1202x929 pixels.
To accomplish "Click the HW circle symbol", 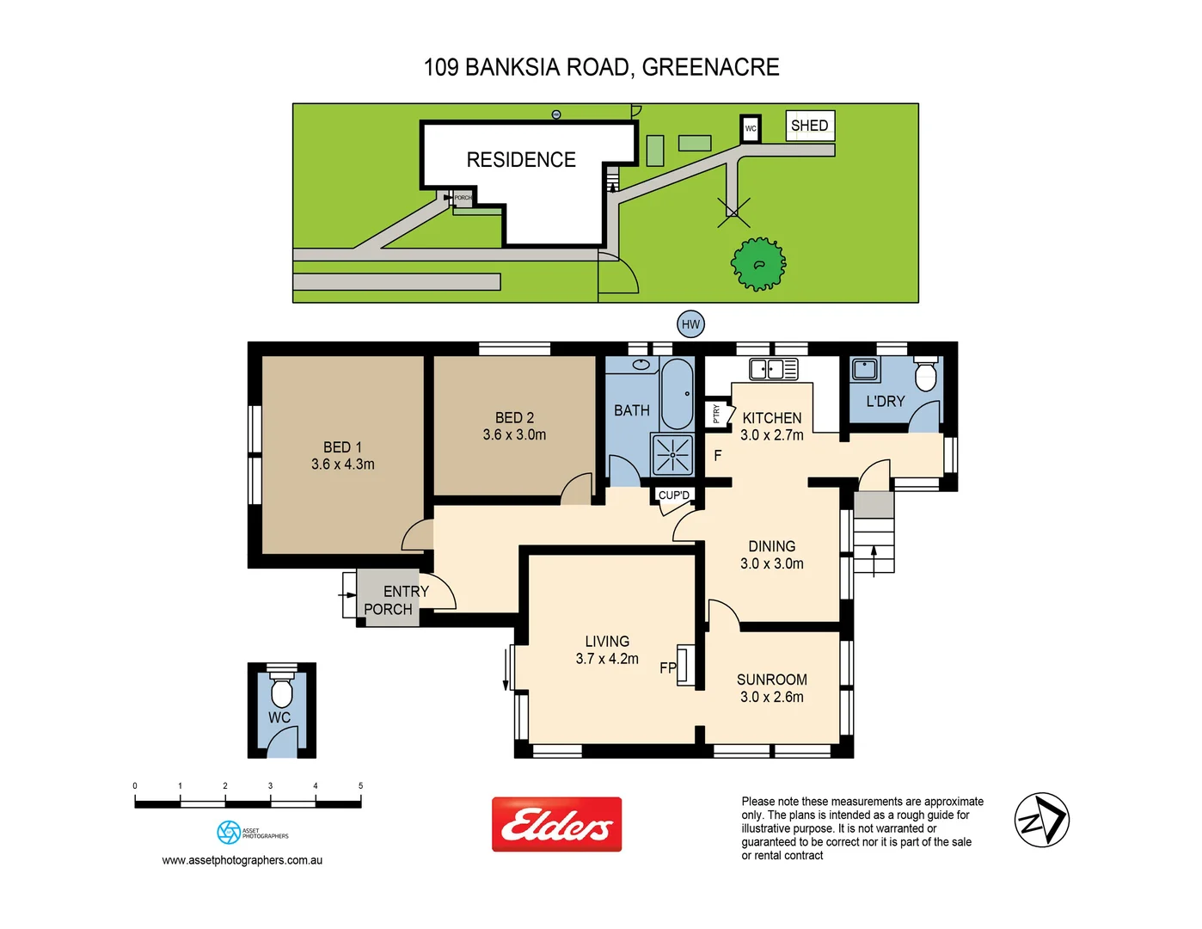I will (690, 324).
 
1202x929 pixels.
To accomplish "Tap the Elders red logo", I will (556, 824).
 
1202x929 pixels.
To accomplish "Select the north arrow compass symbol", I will (1041, 820).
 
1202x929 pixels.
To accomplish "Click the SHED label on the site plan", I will (809, 126).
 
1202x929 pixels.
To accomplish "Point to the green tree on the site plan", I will (758, 264).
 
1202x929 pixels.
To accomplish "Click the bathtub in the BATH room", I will (678, 394).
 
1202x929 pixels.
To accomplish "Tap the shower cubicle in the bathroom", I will (672, 454).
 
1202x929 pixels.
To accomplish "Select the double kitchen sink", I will (773, 369).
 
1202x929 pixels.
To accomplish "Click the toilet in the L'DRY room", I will (926, 374).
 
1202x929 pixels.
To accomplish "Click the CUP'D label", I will (673, 495).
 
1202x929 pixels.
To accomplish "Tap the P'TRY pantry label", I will (716, 414).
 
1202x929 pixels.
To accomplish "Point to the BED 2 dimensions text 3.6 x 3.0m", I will (514, 435).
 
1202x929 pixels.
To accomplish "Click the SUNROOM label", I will (771, 680).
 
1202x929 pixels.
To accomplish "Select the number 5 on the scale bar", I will (360, 785).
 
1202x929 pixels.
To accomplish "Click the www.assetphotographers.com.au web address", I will (242, 860).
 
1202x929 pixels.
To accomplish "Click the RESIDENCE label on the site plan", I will (521, 160).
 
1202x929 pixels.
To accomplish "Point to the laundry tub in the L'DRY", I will (865, 370).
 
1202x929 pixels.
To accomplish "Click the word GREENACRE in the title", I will (710, 67).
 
